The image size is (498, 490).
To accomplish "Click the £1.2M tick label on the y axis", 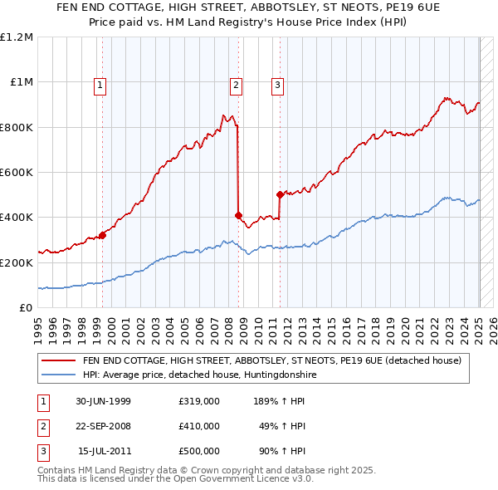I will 17,37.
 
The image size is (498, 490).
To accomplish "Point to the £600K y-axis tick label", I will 17,173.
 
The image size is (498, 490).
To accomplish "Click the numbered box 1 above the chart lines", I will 100,84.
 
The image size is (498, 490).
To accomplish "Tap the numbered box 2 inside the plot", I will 236,84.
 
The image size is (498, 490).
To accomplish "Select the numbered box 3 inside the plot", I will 277,84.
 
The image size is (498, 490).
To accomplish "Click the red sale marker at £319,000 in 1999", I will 103,236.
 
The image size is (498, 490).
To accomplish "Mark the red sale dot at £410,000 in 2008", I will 238,215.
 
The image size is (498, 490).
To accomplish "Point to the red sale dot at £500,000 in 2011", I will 280,195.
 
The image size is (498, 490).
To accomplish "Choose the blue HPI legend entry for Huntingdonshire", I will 199,375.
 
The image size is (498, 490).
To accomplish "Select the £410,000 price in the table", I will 199,426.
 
